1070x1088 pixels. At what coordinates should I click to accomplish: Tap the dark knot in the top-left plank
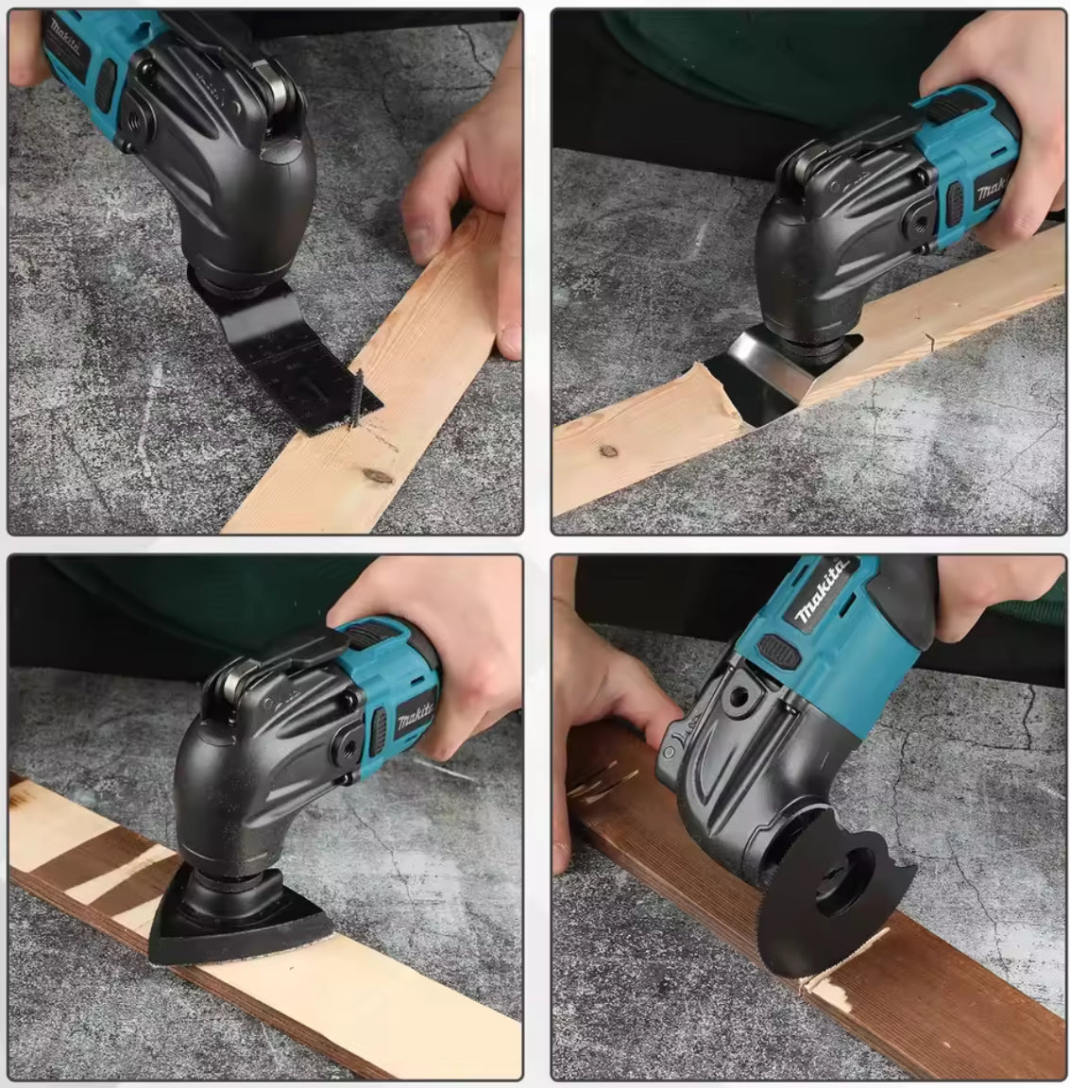(x=378, y=475)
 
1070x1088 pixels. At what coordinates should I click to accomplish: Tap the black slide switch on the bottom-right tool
(x=776, y=648)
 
